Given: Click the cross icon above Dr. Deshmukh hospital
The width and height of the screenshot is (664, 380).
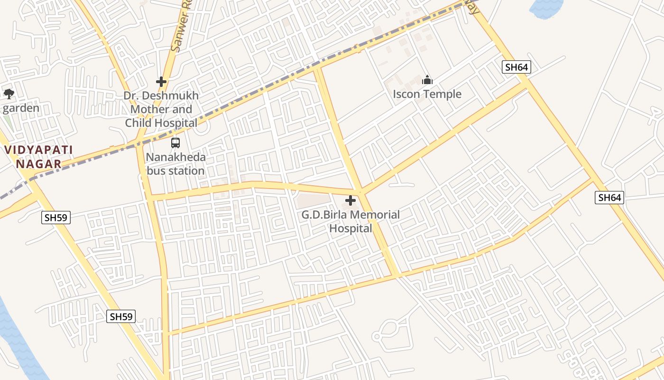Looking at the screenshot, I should coord(161,82).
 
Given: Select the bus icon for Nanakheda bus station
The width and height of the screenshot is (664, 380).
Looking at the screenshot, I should coord(175,142).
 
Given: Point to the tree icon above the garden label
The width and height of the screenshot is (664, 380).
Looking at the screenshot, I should coord(9,94).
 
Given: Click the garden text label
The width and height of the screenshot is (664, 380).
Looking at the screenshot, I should coord(21,108).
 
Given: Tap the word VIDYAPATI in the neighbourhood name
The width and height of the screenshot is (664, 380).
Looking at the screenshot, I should coord(39,150).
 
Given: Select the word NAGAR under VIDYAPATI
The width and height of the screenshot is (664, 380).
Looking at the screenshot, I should coord(39,164).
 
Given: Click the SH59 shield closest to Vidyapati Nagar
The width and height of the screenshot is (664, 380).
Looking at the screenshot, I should coord(56,218).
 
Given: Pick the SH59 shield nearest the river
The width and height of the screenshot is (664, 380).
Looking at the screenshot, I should coord(121,316).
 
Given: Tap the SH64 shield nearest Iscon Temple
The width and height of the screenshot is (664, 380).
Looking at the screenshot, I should coord(516,67).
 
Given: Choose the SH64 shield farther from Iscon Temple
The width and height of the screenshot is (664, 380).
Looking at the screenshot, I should coord(609,198).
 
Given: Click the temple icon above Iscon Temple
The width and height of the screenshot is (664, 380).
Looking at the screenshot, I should coord(427,80).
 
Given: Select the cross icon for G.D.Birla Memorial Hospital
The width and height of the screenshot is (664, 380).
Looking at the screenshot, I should coord(350,200).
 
